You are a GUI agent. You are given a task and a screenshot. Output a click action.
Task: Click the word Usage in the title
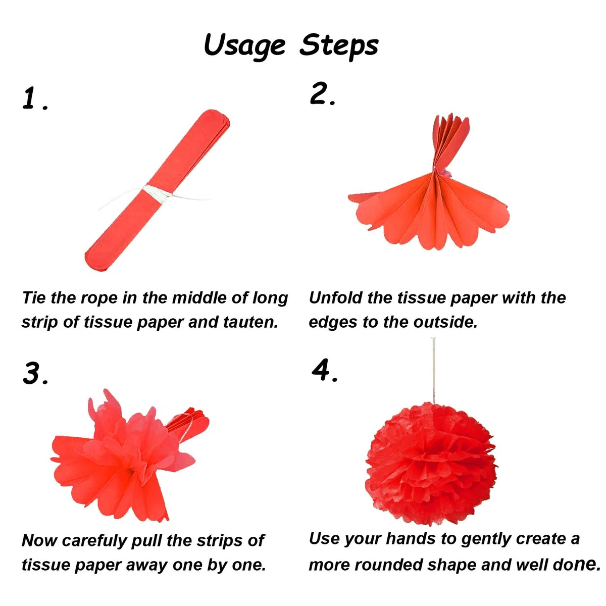point(244,46)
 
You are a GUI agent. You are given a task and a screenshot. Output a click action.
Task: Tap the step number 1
point(35,98)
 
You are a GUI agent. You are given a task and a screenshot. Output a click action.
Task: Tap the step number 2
point(322,93)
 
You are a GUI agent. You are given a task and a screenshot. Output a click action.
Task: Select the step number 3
point(35,373)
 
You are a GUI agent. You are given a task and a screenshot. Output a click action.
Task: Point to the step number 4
point(324,370)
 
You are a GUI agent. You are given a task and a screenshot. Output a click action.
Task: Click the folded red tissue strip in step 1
point(157,190)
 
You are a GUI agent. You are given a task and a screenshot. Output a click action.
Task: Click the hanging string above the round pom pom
point(434,371)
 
